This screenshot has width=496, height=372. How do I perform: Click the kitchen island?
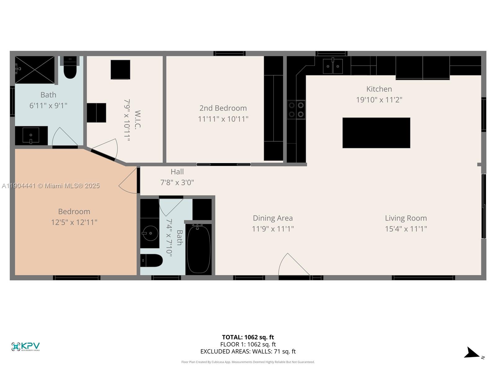pos(376,133)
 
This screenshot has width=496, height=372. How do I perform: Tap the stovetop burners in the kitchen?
pos(296,110)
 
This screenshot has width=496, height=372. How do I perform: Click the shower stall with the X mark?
pos(34,70)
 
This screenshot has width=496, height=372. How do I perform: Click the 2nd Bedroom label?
pos(223,108)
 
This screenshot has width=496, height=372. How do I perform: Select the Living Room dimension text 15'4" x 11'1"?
pos(406,229)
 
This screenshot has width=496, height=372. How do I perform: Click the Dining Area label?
pos(272,218)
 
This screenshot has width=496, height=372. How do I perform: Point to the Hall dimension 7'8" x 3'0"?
pos(177,182)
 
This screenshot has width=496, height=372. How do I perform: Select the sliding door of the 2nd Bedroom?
pos(224,164)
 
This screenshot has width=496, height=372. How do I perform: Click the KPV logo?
pos(25,346)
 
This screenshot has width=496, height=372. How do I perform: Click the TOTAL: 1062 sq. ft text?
pos(248,337)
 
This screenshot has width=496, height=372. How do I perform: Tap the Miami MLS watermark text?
pos(51,186)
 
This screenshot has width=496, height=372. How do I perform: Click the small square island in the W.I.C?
pos(120,69)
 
